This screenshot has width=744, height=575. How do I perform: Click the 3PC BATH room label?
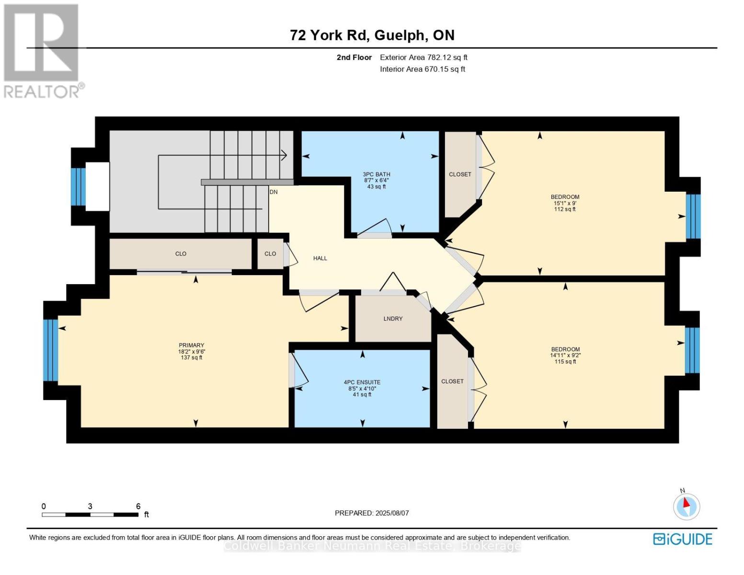(377, 174)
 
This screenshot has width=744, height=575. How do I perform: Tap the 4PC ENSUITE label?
(362, 382)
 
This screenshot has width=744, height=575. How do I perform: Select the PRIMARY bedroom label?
(192, 345)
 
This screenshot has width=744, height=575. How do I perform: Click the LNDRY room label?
(393, 319)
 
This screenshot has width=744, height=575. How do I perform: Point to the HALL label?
(320, 258)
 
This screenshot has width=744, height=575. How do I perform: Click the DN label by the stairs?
(274, 192)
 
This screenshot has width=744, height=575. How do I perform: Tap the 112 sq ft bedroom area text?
(565, 209)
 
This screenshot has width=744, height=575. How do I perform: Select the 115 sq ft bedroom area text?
(565, 362)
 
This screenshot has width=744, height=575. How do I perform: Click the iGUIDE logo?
(683, 539)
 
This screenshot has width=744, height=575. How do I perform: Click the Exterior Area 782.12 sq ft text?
(424, 57)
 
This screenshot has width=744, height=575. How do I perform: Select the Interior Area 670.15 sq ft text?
(423, 69)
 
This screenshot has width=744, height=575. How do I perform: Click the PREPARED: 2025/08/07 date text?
(372, 513)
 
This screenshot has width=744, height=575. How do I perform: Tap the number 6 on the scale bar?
(138, 506)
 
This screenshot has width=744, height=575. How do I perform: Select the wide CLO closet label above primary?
(181, 254)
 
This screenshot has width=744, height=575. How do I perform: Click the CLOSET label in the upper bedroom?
(460, 174)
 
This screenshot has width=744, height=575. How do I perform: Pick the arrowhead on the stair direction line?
(284, 155)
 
